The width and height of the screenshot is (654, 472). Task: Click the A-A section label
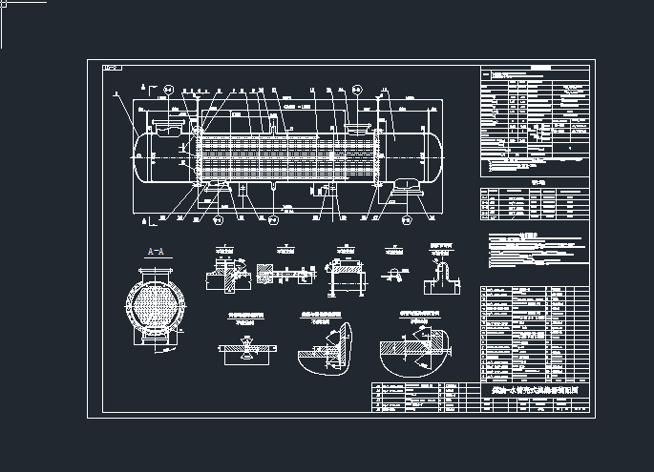155,252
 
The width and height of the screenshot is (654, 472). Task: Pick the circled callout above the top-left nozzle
169,89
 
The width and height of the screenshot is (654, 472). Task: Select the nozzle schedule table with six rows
536,202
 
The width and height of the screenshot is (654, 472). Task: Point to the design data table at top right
536,119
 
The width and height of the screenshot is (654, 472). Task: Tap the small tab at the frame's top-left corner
112,68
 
